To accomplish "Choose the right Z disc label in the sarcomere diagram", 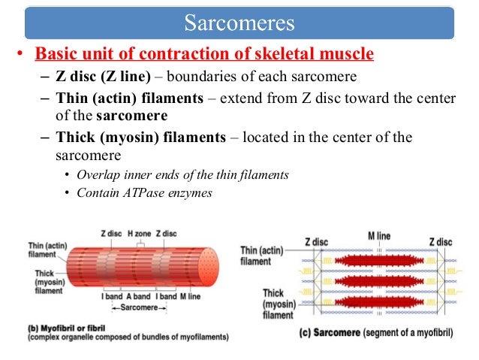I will (440, 242).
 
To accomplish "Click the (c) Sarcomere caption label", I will (330, 331).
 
